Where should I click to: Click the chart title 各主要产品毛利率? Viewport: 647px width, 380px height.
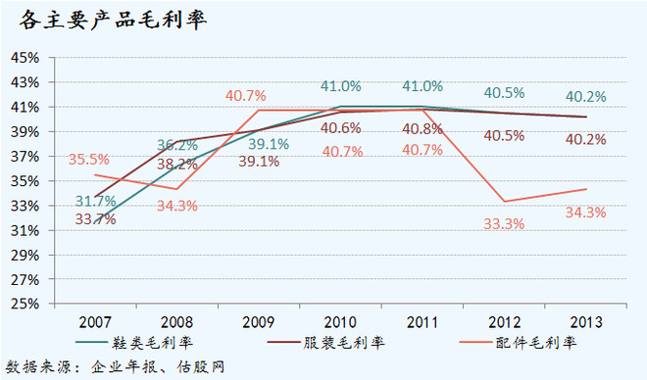coord(113,20)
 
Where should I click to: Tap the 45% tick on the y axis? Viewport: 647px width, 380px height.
coord(25,58)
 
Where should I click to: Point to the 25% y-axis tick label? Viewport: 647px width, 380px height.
coord(25,304)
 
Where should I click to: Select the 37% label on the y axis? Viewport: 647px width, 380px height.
coord(25,157)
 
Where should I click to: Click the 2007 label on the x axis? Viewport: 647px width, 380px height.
coord(95,322)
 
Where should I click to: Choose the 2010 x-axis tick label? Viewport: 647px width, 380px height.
coord(340,322)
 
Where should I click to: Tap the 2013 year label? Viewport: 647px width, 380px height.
coord(586,322)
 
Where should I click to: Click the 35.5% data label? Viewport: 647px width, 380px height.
coord(88,159)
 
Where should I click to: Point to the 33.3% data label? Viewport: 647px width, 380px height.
coord(504,224)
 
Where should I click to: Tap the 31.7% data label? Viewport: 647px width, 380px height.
coord(95,201)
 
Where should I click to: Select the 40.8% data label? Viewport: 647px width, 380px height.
coord(423,129)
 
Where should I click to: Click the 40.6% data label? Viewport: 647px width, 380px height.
coord(341,127)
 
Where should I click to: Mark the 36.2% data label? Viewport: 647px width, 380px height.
coord(177,145)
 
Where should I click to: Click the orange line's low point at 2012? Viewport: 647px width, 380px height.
coord(504,202)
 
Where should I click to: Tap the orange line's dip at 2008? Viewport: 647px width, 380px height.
coord(177,189)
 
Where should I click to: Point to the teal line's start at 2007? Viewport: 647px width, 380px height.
coord(95,223)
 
